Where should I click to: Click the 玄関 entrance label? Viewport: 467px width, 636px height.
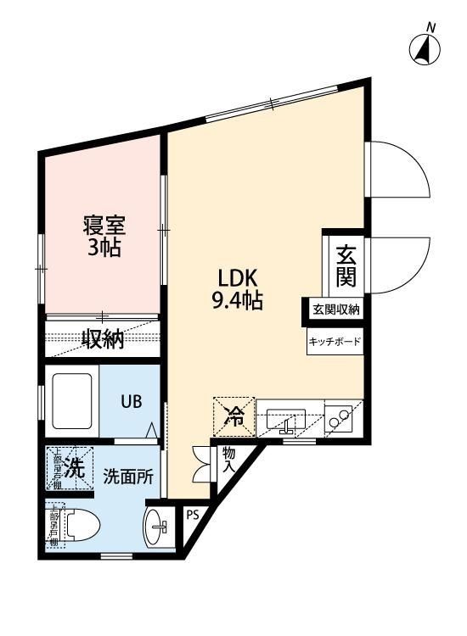click(x=346, y=265)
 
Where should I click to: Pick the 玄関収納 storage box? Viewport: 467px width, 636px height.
click(x=335, y=310)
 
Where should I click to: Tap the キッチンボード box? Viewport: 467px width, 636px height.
click(x=335, y=342)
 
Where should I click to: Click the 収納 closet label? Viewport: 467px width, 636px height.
click(x=104, y=339)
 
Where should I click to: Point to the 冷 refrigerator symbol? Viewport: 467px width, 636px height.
click(x=233, y=416)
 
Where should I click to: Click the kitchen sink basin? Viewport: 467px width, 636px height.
click(x=286, y=418)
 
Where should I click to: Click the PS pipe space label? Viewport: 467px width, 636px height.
click(x=193, y=515)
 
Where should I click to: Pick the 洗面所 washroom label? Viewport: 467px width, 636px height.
click(x=127, y=476)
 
